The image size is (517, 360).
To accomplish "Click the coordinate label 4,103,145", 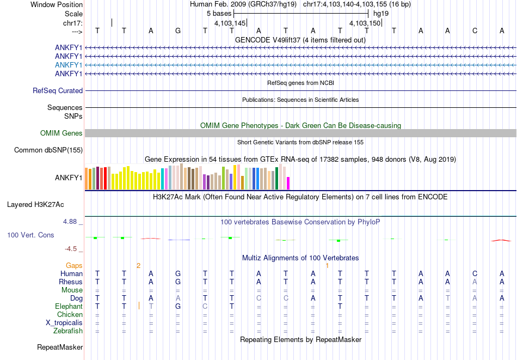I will (x=230, y=23).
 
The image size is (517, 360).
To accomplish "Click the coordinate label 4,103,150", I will (x=365, y=23).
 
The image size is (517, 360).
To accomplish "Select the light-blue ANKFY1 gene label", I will (x=69, y=65).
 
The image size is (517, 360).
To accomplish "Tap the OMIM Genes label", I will (x=61, y=133).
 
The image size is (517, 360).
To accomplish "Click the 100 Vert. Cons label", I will (x=30, y=235).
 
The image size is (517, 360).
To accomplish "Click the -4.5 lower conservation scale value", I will (x=71, y=249).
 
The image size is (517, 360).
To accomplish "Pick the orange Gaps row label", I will (x=75, y=266).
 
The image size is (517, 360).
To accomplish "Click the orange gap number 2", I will (x=138, y=266).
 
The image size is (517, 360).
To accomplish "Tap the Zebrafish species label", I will (x=68, y=331).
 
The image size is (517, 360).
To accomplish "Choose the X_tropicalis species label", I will (x=64, y=322).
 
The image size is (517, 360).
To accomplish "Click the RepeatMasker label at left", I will (x=60, y=347).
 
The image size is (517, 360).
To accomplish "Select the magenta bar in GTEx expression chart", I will (x=288, y=183).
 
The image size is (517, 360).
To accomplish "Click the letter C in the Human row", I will (x=475, y=273).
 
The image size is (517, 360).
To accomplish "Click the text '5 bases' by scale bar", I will (x=218, y=13).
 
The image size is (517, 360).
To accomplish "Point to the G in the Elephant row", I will (x=177, y=306).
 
